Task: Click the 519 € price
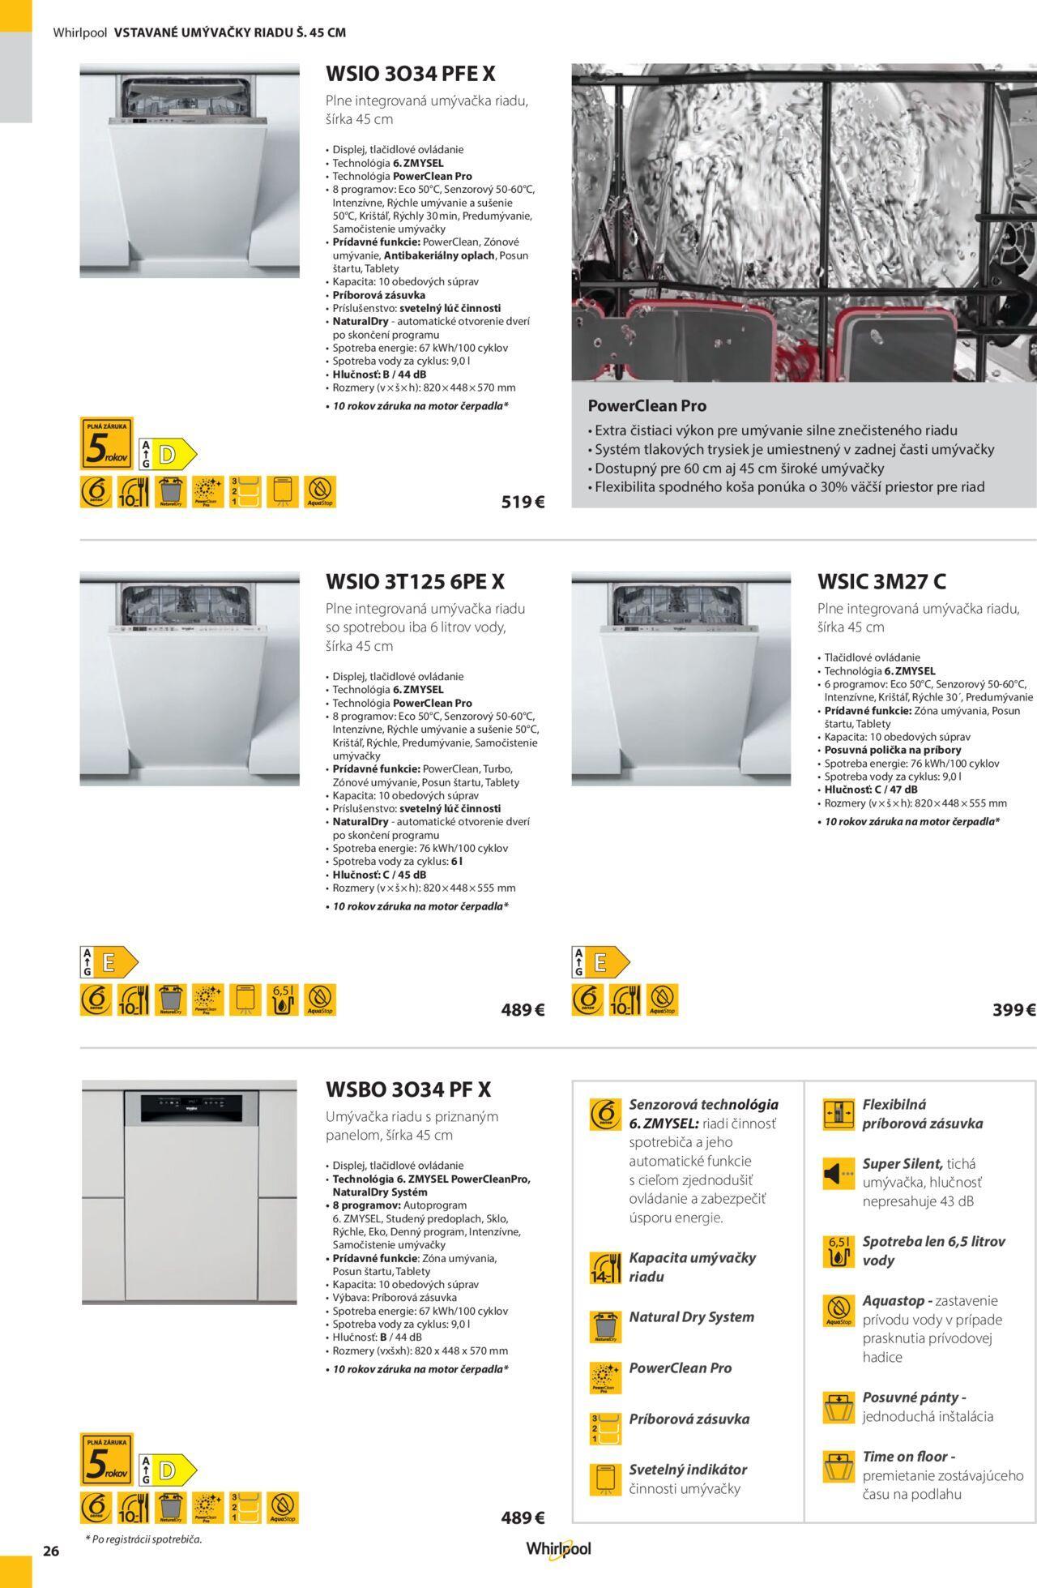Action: tap(523, 502)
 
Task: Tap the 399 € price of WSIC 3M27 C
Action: tap(1014, 1010)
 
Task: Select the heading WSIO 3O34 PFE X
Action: tap(410, 74)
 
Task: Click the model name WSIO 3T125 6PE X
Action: tap(415, 581)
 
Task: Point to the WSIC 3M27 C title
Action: tap(881, 581)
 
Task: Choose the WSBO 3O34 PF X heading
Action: tap(408, 1089)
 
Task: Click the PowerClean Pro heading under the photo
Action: tap(647, 405)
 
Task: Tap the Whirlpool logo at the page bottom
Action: tap(558, 1549)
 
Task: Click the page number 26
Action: tap(51, 1552)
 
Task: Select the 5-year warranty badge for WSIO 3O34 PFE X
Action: tap(106, 443)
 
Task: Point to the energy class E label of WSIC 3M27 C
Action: tap(600, 962)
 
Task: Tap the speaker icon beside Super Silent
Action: tap(839, 1174)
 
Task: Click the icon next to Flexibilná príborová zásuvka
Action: tap(839, 1115)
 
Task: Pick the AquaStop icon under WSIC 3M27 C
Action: tap(663, 999)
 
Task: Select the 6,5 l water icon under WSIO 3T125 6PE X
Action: tap(282, 999)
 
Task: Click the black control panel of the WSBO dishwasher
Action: tap(190, 1107)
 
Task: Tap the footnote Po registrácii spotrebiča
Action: tap(143, 1539)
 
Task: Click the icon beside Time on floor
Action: tap(839, 1466)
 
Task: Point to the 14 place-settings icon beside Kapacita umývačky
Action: tap(604, 1268)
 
